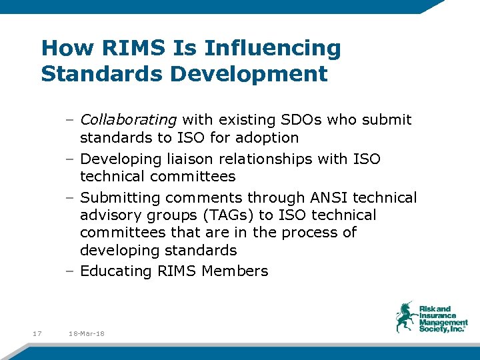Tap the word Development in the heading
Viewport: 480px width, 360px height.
(x=249, y=74)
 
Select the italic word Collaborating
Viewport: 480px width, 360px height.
(x=128, y=120)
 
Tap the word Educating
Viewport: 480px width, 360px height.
(x=115, y=271)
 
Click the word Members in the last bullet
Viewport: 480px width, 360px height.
(x=235, y=271)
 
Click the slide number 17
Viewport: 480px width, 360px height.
(x=37, y=333)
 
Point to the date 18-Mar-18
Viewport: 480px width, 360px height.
(x=87, y=333)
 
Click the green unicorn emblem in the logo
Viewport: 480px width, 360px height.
(x=406, y=317)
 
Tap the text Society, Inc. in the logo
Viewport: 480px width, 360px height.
(x=442, y=329)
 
